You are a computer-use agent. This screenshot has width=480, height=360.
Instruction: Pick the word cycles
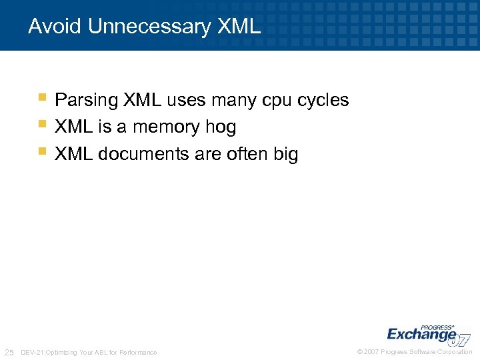point(323,101)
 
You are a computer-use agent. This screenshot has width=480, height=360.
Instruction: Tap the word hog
point(222,127)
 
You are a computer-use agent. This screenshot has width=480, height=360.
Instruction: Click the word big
point(286,154)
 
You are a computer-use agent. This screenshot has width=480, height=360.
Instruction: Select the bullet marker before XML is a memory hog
point(42,124)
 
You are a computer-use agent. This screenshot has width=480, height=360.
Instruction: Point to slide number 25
point(9,352)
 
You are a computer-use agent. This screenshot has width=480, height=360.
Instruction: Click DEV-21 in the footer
point(32,352)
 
